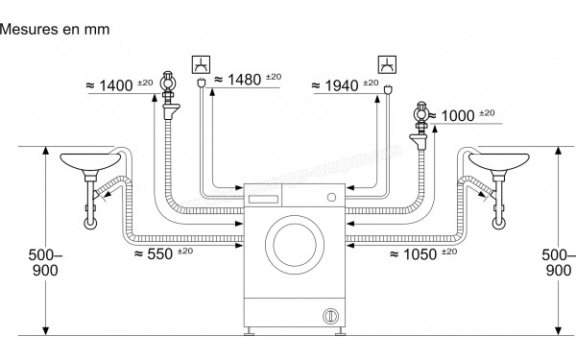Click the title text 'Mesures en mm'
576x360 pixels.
pos(56,30)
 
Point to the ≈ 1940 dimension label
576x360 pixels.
pos(343,86)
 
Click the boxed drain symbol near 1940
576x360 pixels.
pos(387,64)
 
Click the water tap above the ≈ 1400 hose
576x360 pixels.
pos(169,83)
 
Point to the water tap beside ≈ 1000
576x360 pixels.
pos(420,117)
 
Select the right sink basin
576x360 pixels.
pos(496,160)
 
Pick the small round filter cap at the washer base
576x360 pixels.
pos(329,314)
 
